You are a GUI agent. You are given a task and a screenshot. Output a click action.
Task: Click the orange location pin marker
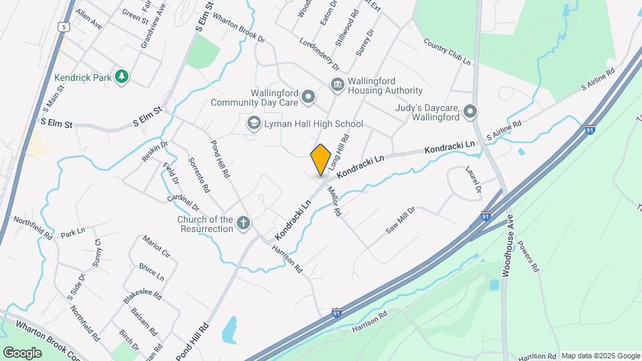coord(321,159)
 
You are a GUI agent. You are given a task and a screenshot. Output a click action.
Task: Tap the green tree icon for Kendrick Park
coord(121,78)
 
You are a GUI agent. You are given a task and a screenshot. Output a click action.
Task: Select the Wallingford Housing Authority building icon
coord(337,84)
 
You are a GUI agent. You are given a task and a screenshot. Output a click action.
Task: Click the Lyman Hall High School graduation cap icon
coord(253,124)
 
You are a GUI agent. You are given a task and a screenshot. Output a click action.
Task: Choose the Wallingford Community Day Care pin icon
coord(308,98)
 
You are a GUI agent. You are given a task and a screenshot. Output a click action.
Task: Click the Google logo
coord(21,352)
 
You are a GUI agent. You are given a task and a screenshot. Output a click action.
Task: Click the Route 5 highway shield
coord(64,26)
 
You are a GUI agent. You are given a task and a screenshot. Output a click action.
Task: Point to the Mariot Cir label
coord(156,246)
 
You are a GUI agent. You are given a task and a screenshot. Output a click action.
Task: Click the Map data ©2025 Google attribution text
coord(600,356)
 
